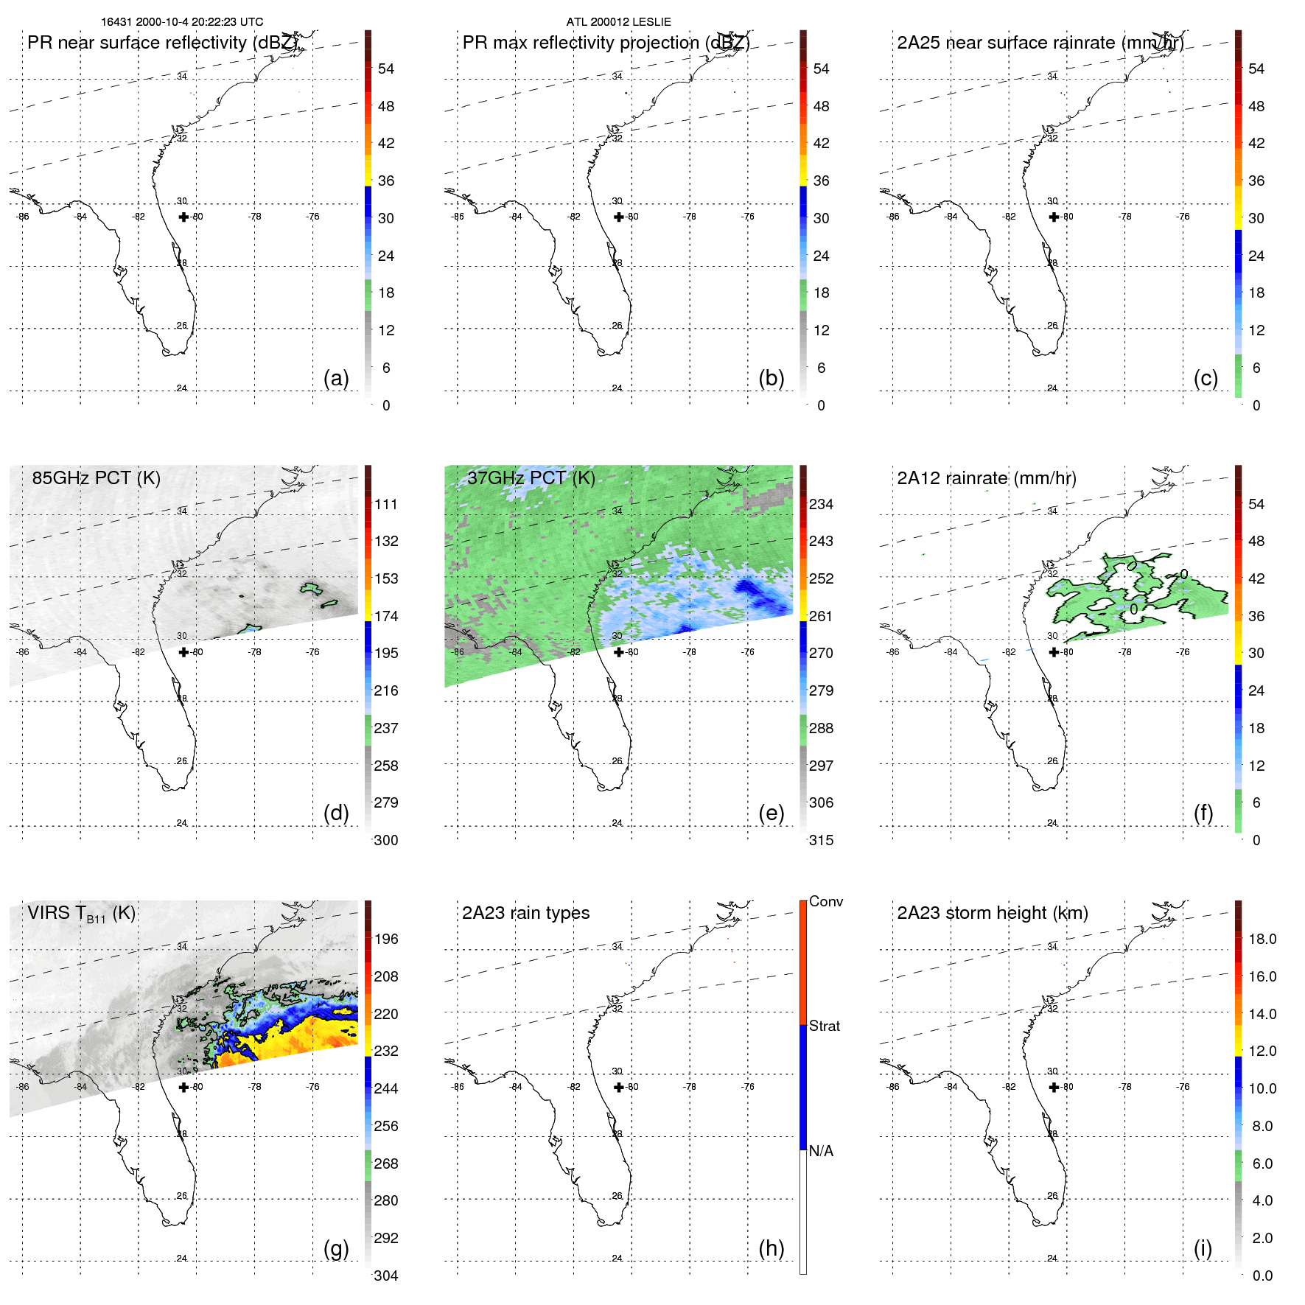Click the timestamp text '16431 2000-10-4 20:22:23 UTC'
click(182, 22)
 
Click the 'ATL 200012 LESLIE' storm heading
click(618, 22)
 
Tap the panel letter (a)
click(336, 378)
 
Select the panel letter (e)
click(771, 813)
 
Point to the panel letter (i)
click(1203, 1248)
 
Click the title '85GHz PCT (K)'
click(96, 477)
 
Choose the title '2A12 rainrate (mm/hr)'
click(986, 477)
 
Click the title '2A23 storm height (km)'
click(993, 913)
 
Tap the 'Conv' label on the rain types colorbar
click(826, 901)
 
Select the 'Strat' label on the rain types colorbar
click(825, 1026)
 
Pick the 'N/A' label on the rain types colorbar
click(821, 1151)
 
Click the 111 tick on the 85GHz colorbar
click(385, 504)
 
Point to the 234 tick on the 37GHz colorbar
click(821, 504)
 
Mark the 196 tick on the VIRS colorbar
click(385, 939)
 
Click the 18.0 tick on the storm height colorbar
click(1262, 939)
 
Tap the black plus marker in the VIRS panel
click(183, 1087)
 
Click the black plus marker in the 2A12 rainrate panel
click(1054, 652)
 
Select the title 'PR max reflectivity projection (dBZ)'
click(606, 43)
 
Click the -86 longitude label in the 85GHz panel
click(23, 652)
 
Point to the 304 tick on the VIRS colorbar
click(385, 1276)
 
